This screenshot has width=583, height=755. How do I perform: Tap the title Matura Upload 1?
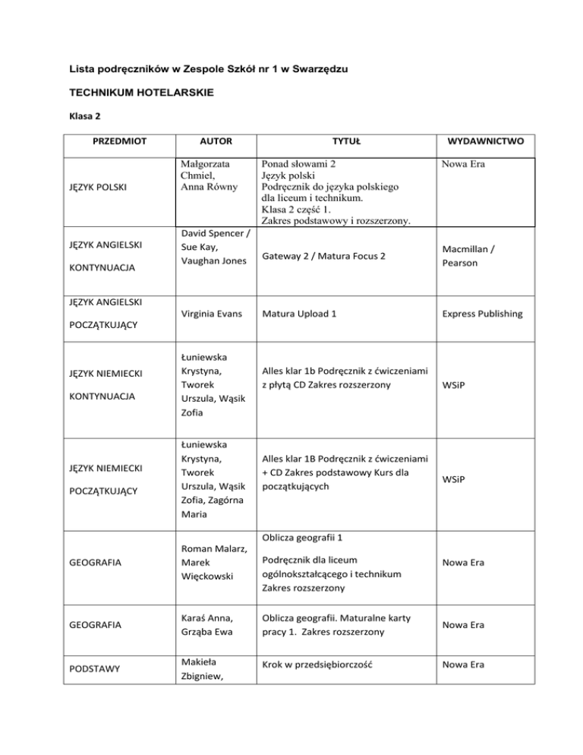301,312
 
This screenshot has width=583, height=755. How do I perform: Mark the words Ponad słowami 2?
299,165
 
